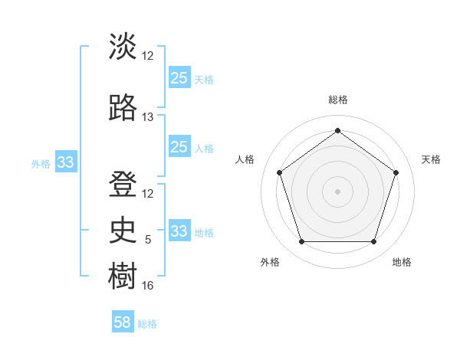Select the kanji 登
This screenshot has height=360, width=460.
(x=123, y=184)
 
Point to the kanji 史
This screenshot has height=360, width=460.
(x=123, y=229)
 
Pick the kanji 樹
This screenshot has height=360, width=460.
(x=123, y=275)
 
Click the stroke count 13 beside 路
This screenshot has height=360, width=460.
(x=148, y=117)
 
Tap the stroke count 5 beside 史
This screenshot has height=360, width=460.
(x=148, y=240)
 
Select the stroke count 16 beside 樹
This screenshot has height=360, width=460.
(x=148, y=286)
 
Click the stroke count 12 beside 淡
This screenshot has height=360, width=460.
(x=148, y=56)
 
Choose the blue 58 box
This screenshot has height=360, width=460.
(x=123, y=322)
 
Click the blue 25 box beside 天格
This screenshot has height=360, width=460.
(x=179, y=78)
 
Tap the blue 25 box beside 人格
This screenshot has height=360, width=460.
(x=179, y=147)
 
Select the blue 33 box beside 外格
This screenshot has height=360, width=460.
(x=66, y=162)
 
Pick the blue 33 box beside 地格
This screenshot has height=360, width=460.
(x=179, y=231)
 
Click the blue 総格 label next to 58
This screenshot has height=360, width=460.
(x=147, y=324)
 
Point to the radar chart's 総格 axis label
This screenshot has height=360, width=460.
(x=337, y=100)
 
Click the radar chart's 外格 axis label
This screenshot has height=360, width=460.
(x=270, y=262)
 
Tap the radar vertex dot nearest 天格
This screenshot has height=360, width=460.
(x=396, y=172)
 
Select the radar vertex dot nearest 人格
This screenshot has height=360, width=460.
(x=279, y=172)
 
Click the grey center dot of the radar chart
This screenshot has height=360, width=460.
(x=337, y=191)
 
